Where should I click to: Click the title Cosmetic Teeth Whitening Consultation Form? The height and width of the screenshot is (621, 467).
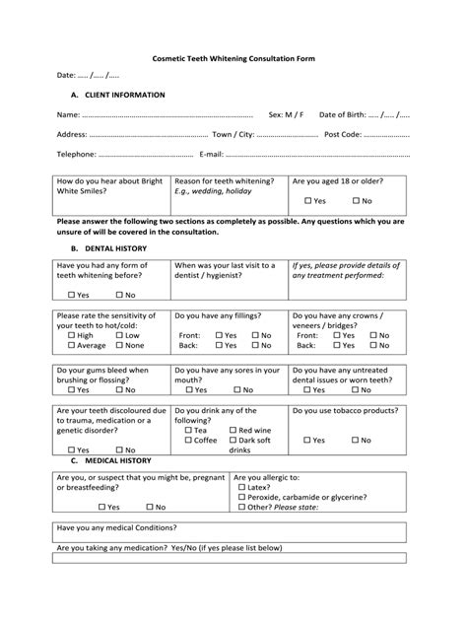(x=233, y=58)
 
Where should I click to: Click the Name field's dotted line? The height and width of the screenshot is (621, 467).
(x=167, y=115)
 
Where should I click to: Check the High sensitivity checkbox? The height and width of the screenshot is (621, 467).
(x=73, y=335)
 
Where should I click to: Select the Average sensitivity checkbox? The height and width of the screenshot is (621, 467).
(x=73, y=346)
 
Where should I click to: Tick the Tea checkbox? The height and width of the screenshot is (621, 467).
(x=188, y=430)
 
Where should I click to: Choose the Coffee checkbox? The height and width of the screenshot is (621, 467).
(x=188, y=440)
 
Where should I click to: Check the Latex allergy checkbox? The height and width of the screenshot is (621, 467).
(x=241, y=487)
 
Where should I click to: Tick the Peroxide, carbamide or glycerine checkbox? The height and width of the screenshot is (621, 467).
(x=241, y=497)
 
